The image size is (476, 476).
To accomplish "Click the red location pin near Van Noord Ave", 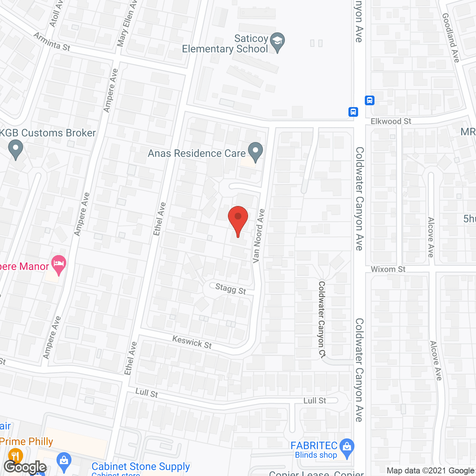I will pyautogui.click(x=238, y=218).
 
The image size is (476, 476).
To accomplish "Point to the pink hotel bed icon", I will pyautogui.click(x=59, y=264).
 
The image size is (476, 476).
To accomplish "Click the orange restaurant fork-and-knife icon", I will pyautogui.click(x=15, y=455).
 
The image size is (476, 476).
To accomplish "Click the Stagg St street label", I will pyautogui.click(x=231, y=289).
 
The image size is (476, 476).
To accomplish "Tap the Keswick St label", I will pyautogui.click(x=192, y=342).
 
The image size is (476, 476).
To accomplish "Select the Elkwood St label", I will pyautogui.click(x=391, y=121).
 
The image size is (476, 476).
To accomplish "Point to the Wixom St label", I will pyautogui.click(x=388, y=269).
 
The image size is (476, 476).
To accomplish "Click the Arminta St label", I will pyautogui.click(x=52, y=41).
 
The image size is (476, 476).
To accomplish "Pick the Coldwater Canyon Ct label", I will pyautogui.click(x=322, y=319).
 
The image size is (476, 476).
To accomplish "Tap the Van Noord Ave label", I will pyautogui.click(x=258, y=236).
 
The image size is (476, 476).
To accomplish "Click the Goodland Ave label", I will pyautogui.click(x=451, y=37).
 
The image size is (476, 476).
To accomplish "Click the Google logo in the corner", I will pyautogui.click(x=25, y=467).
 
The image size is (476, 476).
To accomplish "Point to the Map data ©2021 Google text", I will pyautogui.click(x=430, y=471).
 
